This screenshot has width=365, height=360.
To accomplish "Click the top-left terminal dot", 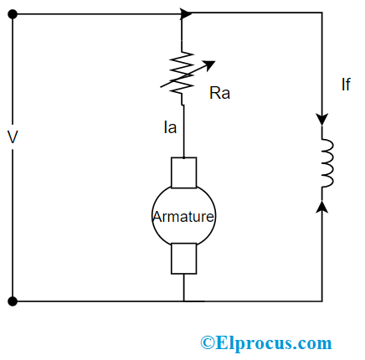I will pyautogui.click(x=13, y=13).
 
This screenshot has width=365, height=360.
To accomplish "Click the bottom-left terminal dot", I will pyautogui.click(x=13, y=301).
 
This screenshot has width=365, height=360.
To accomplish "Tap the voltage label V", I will pyautogui.click(x=12, y=136).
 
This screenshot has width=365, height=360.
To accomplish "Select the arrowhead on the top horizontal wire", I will pyautogui.click(x=187, y=13).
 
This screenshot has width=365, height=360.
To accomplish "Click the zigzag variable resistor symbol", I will pyautogui.click(x=182, y=74).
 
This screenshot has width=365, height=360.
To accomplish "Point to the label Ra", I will pyautogui.click(x=219, y=93).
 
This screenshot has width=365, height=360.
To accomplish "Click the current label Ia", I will pyautogui.click(x=172, y=130).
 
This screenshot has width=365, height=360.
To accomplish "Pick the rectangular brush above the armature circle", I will pyautogui.click(x=183, y=172).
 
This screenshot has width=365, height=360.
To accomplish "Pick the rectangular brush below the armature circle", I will pyautogui.click(x=183, y=258).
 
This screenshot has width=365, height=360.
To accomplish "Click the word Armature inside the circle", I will pyautogui.click(x=183, y=216).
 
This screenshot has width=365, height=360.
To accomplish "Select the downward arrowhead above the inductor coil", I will pyautogui.click(x=322, y=120).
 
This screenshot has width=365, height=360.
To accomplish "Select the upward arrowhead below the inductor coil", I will pyautogui.click(x=322, y=204).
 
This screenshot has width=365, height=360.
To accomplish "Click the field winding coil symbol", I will pyautogui.click(x=326, y=162).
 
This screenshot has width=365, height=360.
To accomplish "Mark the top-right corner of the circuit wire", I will pyautogui.click(x=322, y=13).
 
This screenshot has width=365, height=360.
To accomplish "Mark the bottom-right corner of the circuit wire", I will pyautogui.click(x=322, y=301).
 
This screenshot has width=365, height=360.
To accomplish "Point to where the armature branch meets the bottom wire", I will pyautogui.click(x=183, y=301).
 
